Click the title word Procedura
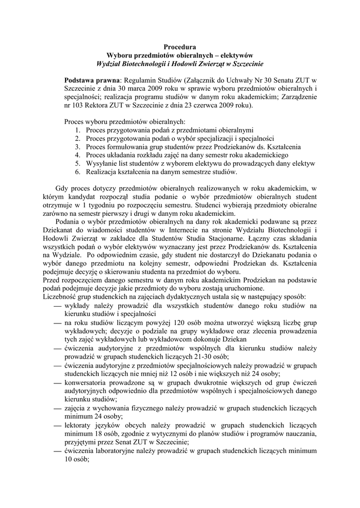[179, 47]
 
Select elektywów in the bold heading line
[235, 56]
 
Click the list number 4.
[78, 155]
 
